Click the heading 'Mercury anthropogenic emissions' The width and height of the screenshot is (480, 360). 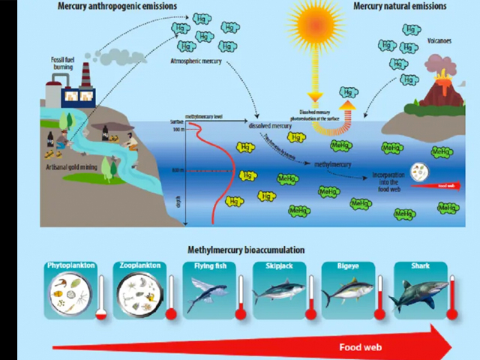(117, 7)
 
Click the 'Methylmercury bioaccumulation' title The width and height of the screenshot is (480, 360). (246, 250)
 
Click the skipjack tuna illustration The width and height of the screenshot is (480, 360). (278, 292)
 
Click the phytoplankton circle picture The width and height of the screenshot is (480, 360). (70, 295)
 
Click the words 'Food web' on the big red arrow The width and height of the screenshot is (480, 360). (360, 347)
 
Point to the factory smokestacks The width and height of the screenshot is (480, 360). (85, 74)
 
